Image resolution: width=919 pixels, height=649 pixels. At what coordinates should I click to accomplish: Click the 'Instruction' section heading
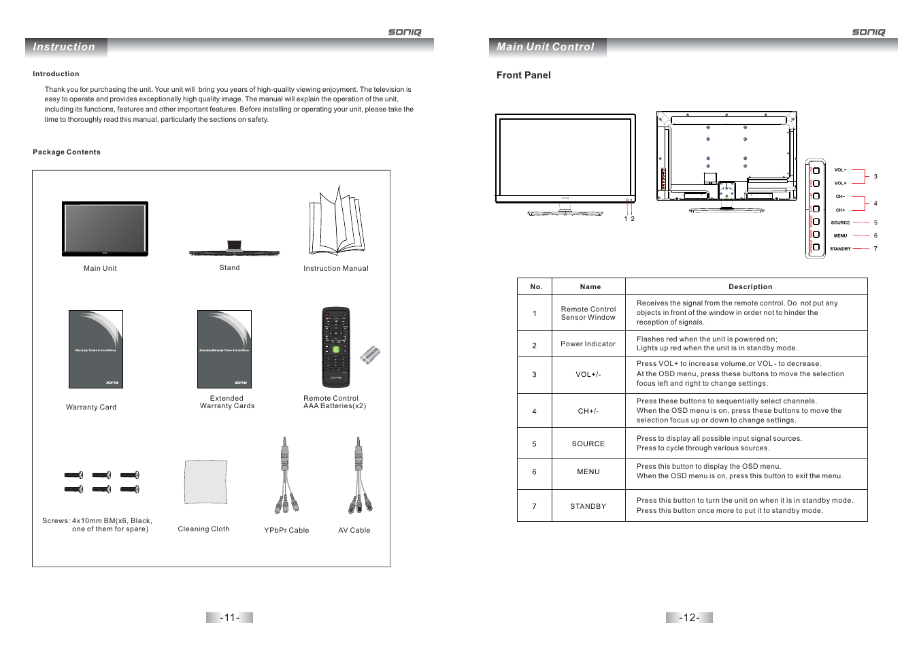click(64, 47)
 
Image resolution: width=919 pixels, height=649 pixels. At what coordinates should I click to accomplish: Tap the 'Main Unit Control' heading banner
click(545, 47)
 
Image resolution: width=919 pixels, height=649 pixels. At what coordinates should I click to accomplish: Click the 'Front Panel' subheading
click(523, 76)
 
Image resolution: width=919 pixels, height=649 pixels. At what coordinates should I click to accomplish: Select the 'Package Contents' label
click(67, 152)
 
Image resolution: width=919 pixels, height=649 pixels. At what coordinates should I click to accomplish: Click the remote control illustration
click(335, 348)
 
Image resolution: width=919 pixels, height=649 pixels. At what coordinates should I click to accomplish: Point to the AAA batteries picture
click(370, 354)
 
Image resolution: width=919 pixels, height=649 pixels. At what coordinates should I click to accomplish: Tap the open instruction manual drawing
click(337, 222)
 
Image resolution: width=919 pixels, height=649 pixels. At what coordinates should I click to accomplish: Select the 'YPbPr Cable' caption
click(286, 531)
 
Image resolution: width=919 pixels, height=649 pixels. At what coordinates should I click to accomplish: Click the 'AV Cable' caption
click(354, 531)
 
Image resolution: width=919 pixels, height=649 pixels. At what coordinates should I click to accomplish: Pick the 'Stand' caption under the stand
click(229, 268)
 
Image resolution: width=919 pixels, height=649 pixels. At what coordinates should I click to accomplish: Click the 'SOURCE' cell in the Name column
click(588, 444)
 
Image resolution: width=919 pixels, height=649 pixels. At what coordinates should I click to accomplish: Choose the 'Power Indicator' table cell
click(588, 344)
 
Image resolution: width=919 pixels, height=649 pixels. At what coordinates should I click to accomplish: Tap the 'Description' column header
click(750, 287)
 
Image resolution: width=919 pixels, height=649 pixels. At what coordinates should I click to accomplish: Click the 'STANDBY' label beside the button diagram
click(840, 249)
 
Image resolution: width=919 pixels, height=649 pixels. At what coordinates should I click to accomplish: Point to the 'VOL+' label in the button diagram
click(840, 184)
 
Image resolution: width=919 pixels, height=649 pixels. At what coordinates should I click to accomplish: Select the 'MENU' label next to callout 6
click(840, 236)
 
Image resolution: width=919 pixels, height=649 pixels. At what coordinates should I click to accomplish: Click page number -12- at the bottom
click(689, 618)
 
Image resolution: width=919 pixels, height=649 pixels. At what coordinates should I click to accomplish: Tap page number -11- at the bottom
click(229, 618)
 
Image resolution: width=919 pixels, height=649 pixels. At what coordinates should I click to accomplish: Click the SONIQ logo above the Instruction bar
click(405, 32)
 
